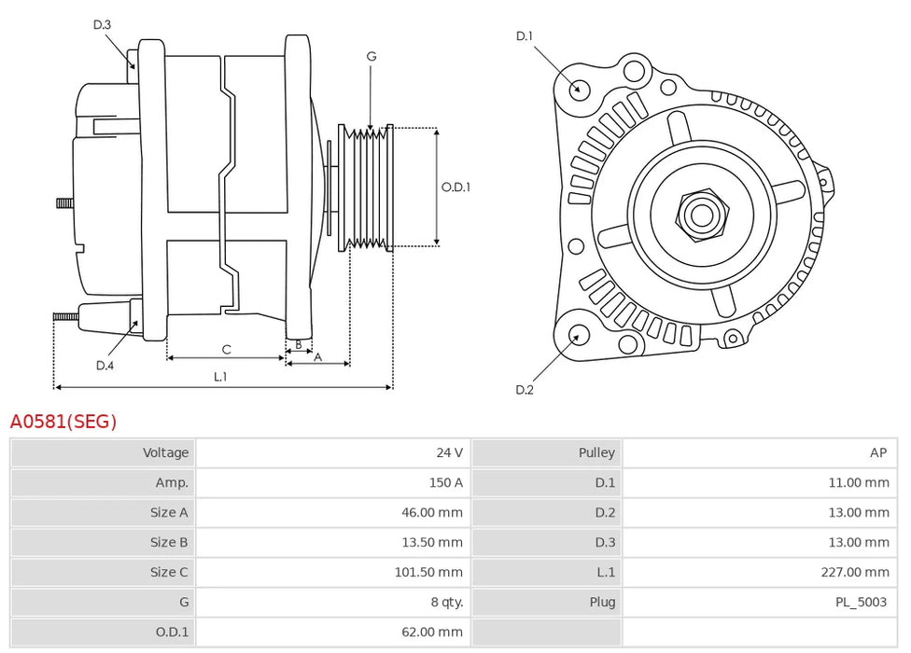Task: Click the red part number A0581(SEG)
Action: (63, 422)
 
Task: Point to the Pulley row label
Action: (596, 452)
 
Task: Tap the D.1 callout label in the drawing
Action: (525, 36)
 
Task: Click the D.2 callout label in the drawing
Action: (525, 390)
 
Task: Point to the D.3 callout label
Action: (103, 24)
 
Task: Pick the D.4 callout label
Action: (105, 366)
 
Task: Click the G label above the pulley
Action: (371, 57)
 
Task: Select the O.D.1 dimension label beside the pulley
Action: (455, 187)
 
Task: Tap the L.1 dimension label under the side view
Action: (220, 377)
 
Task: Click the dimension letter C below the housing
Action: (226, 350)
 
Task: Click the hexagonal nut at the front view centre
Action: (701, 215)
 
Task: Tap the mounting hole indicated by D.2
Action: (578, 337)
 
